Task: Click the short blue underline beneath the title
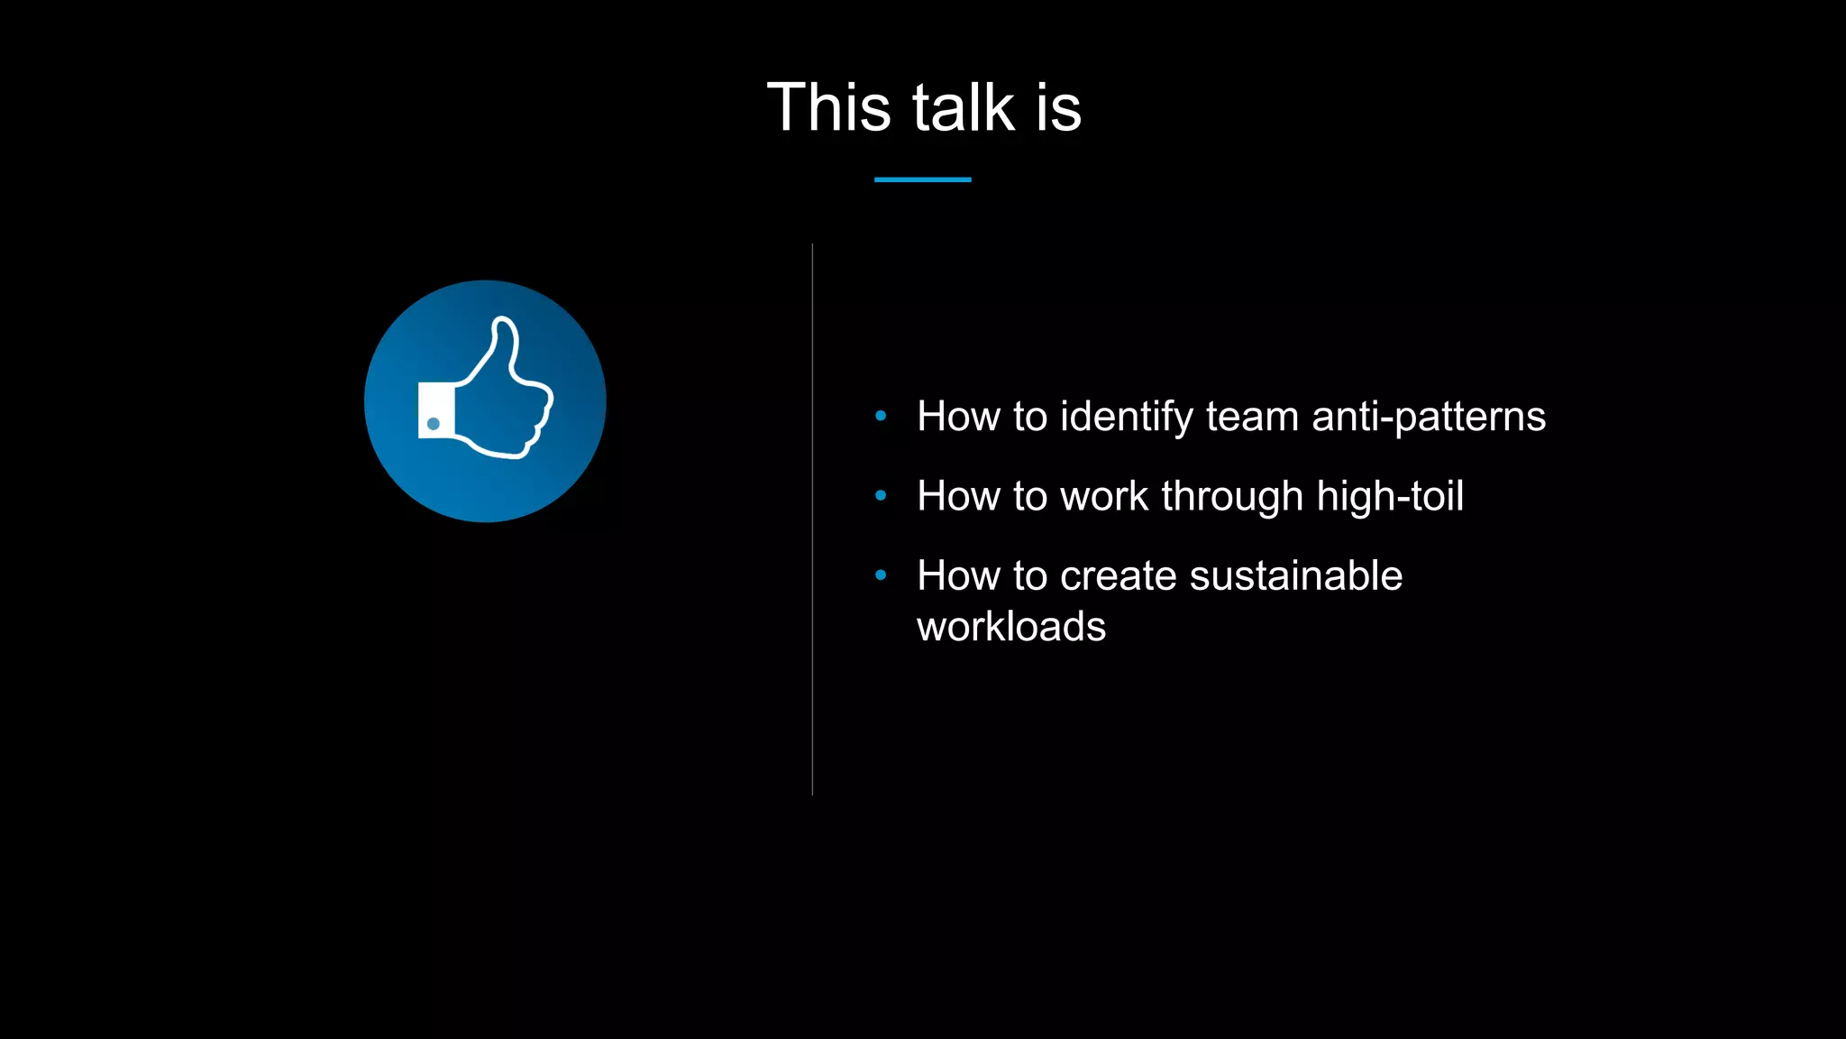click(922, 179)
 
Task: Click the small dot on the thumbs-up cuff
click(434, 424)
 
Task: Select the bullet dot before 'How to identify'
click(881, 416)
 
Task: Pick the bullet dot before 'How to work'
click(881, 495)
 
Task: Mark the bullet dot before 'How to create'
click(881, 575)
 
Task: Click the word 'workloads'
click(1011, 626)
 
